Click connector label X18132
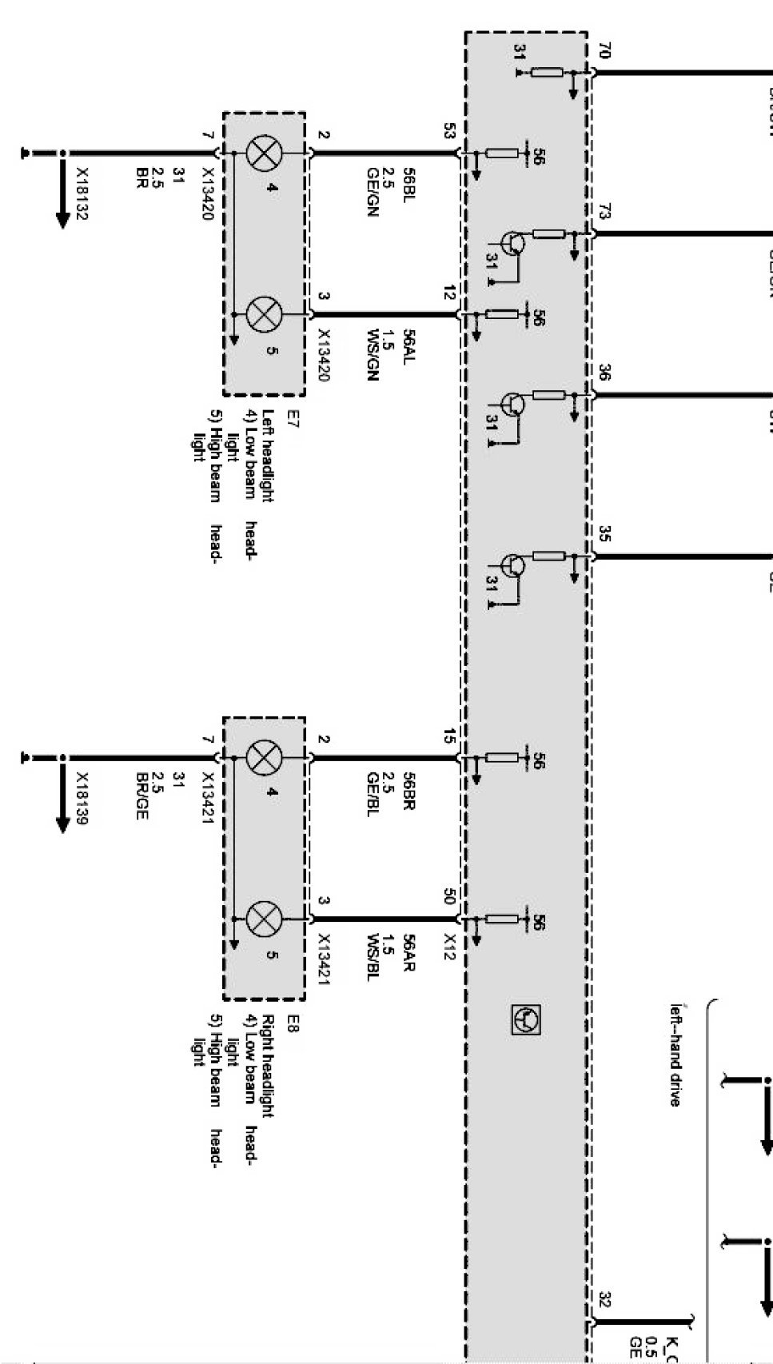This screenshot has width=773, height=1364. pos(82,193)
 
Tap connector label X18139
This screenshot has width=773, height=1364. pos(82,798)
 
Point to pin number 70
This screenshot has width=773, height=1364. pos(604,52)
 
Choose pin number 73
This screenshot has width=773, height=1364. pos(604,212)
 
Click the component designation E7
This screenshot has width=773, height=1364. pos(293,418)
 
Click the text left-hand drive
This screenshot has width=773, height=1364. pos(676,1055)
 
